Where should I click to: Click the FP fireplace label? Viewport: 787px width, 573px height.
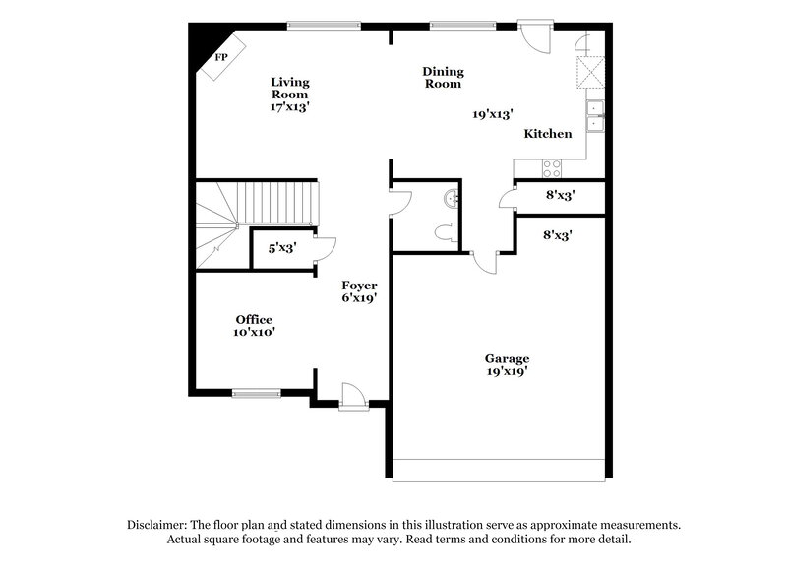[221, 56]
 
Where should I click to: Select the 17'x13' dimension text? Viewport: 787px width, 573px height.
[290, 107]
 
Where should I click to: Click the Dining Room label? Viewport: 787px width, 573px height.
[443, 77]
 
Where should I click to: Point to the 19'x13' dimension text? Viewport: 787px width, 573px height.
[493, 114]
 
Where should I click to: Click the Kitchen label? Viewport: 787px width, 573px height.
[548, 134]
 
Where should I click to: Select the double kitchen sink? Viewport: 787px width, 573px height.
[595, 115]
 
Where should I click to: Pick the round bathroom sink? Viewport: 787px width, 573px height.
[452, 198]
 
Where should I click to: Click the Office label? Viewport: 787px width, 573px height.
[254, 319]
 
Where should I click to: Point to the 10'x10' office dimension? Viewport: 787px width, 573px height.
[254, 333]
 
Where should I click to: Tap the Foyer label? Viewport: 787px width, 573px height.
[359, 285]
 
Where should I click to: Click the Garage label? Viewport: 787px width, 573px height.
[507, 358]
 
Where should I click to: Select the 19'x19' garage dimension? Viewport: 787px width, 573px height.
[507, 372]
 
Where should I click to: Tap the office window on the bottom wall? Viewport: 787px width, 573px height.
[257, 393]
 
